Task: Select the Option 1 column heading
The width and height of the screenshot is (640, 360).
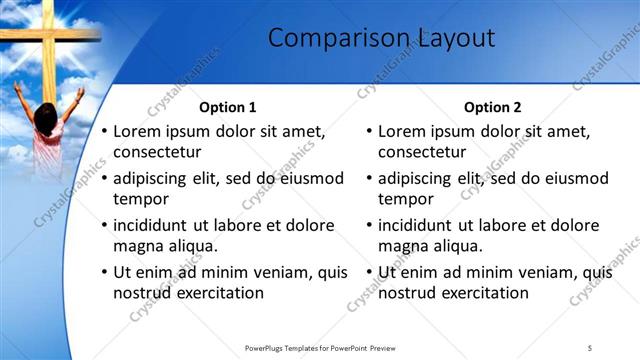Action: (227, 107)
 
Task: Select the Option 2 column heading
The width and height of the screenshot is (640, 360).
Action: (492, 107)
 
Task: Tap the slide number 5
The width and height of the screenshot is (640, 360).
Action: (590, 347)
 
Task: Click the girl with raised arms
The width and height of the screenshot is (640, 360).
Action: (45, 125)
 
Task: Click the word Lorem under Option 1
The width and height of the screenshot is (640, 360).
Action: (136, 131)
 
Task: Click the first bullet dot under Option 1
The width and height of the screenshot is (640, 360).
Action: (105, 132)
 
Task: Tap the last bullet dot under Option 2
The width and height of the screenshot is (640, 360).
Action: (370, 273)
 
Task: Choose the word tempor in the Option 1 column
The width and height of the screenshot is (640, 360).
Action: (138, 199)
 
